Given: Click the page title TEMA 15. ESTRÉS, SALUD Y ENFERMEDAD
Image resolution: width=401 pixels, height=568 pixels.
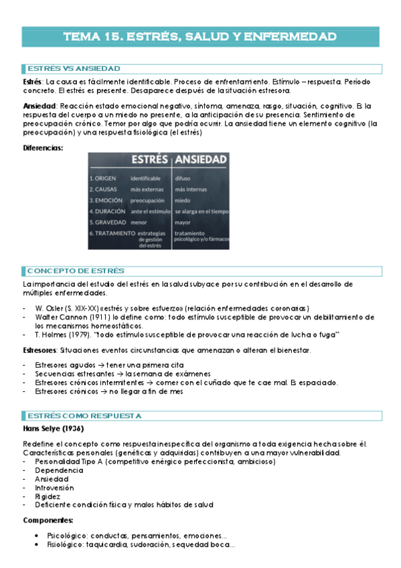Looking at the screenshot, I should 200,36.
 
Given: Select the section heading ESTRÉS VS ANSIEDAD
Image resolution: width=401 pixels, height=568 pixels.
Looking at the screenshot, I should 74,68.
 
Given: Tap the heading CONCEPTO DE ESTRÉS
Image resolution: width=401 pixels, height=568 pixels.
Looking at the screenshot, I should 76,271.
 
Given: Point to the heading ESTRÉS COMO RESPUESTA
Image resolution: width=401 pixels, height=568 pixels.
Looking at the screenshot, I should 84,415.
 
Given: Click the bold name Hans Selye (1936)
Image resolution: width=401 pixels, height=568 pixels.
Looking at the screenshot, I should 53,429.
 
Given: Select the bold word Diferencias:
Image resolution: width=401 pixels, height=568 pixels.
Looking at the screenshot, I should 43,148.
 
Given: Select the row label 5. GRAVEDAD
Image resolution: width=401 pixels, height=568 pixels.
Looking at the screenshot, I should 108,222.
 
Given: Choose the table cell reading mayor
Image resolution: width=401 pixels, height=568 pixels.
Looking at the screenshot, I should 182,222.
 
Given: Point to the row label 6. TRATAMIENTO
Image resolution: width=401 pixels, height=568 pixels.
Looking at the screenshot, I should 112,232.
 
